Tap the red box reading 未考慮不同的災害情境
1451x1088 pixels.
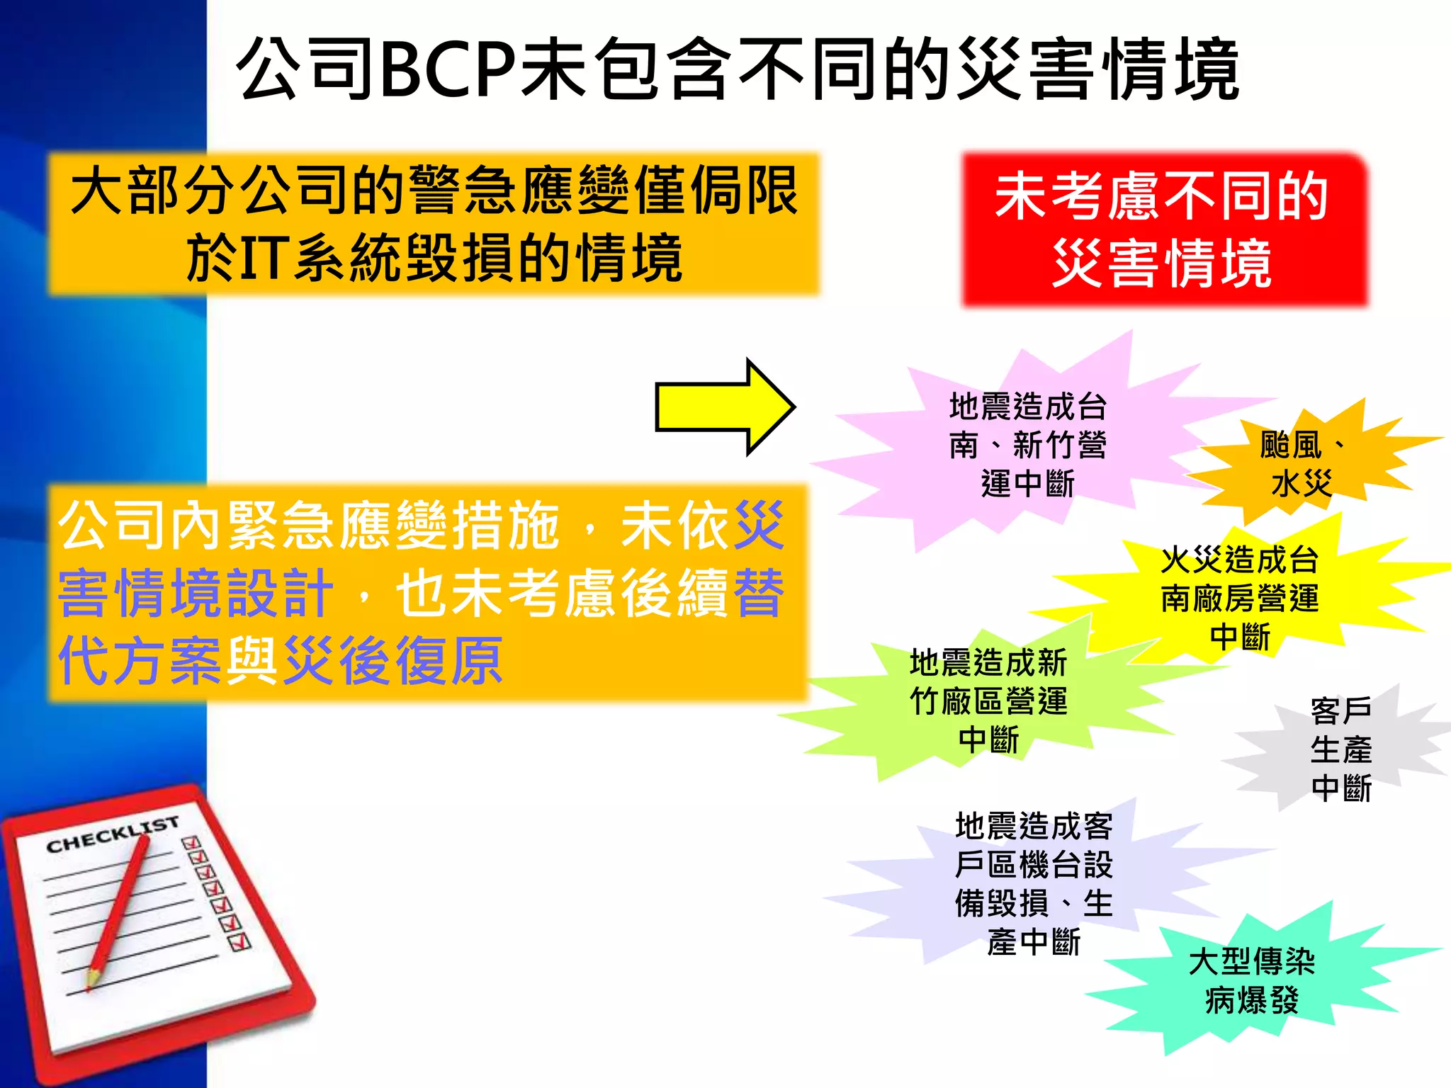point(1164,229)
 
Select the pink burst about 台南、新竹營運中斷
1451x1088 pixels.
point(1027,445)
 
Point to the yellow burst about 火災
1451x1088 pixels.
point(1239,598)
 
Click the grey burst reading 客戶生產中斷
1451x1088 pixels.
point(1340,749)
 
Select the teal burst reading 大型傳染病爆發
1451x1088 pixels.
point(1251,981)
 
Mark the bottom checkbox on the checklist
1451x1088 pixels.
point(240,942)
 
